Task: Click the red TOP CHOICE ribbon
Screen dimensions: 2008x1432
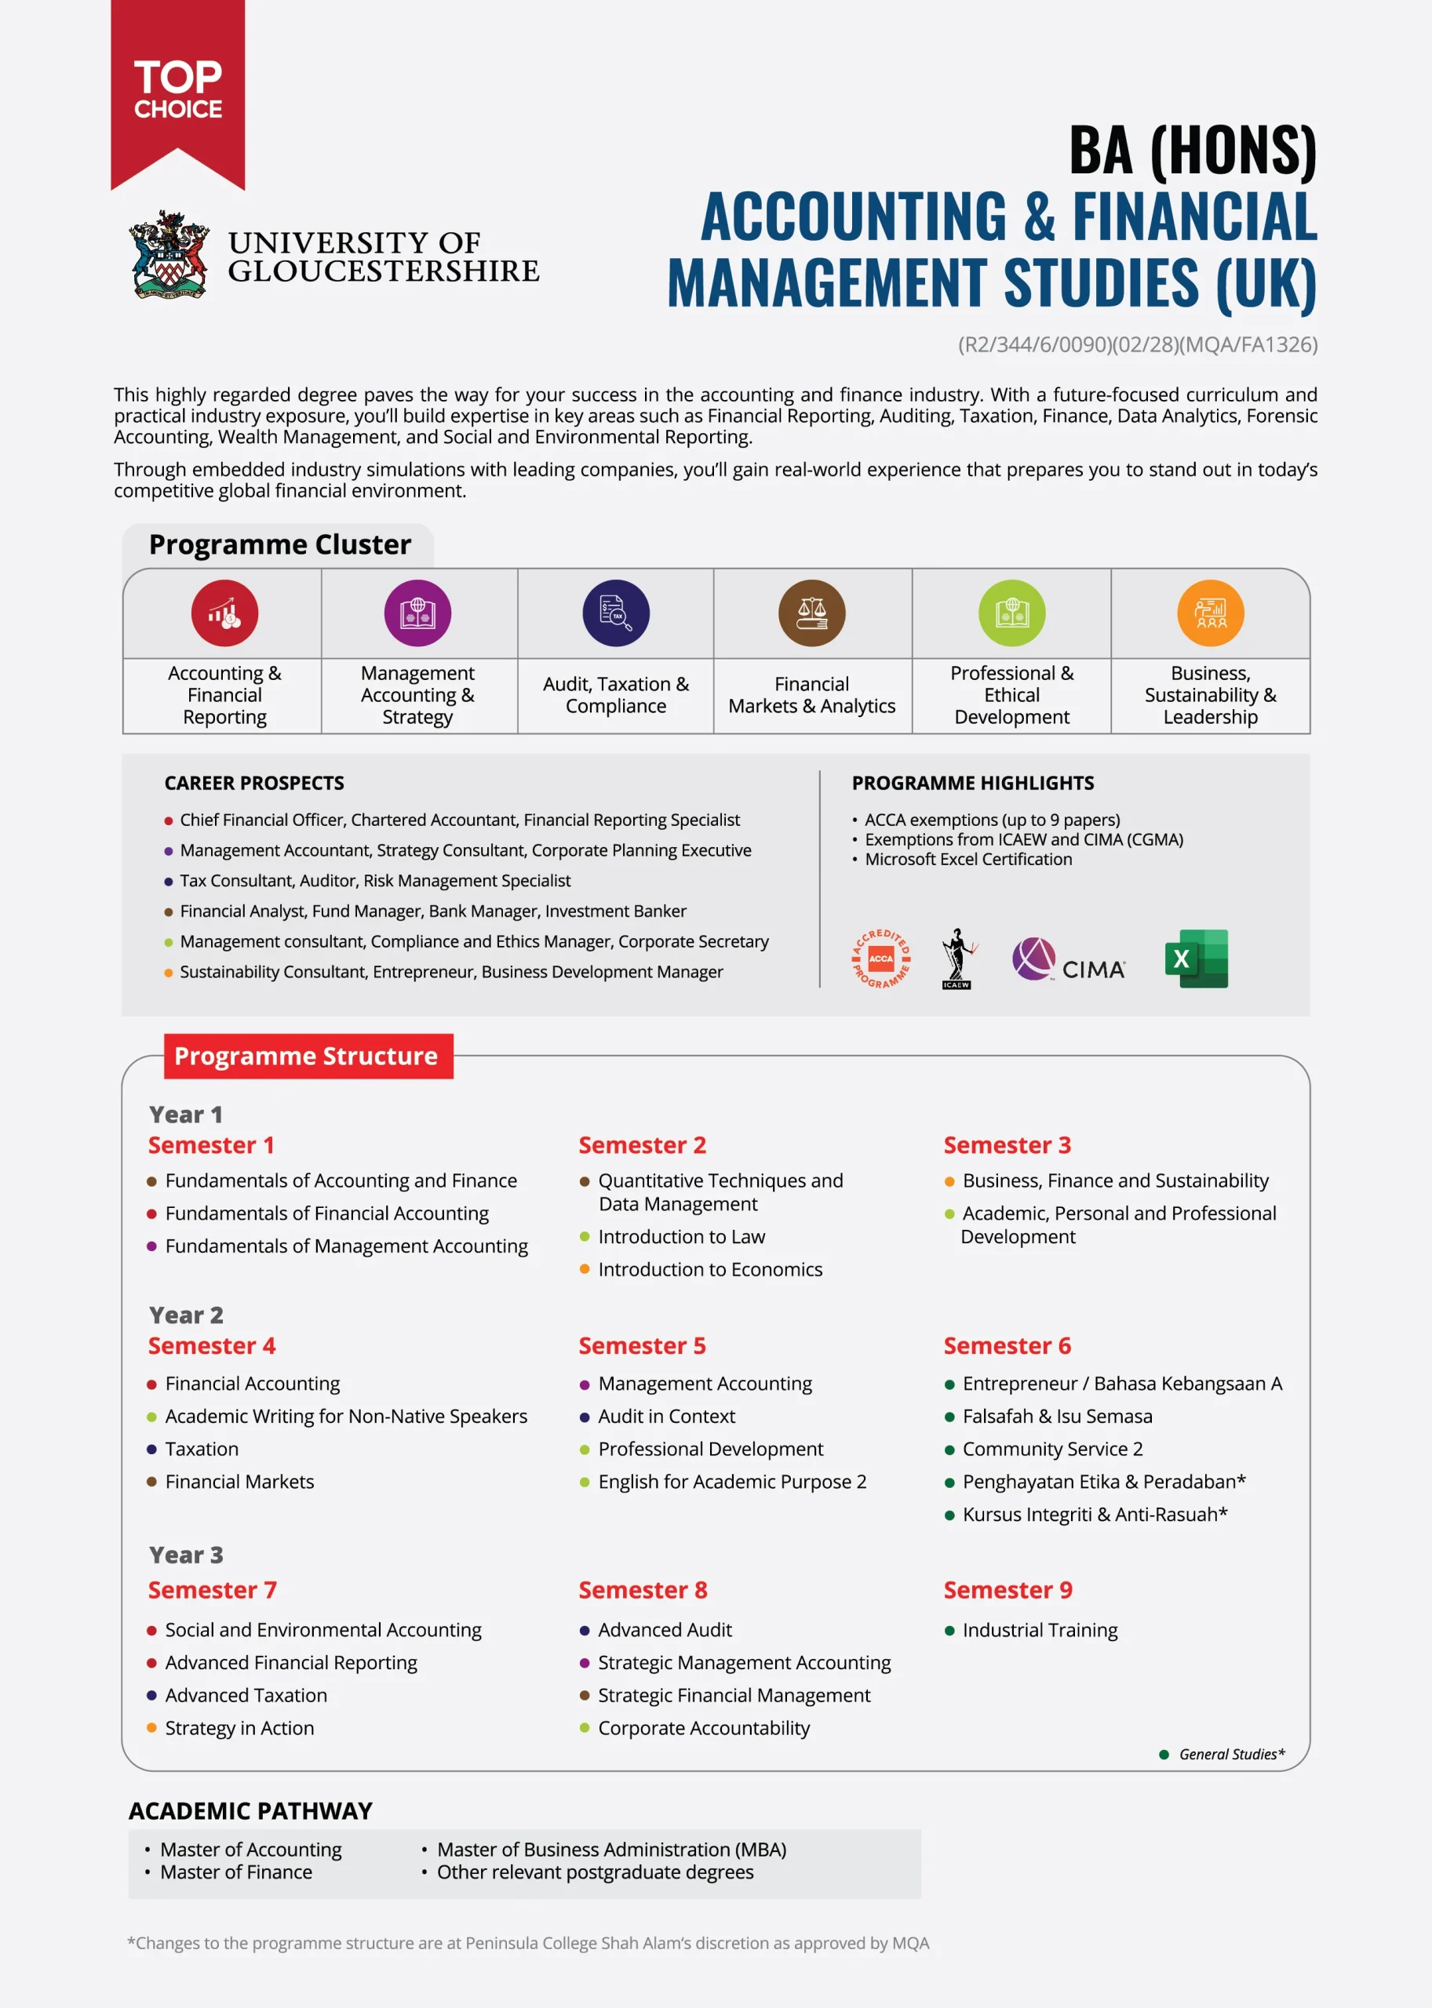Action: click(x=177, y=88)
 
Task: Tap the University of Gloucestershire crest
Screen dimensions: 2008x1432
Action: click(x=169, y=255)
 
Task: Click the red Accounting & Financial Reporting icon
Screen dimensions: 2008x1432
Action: click(x=225, y=613)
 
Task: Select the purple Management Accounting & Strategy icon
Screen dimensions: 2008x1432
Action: click(x=417, y=613)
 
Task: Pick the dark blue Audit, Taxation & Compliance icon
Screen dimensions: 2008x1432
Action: click(x=615, y=613)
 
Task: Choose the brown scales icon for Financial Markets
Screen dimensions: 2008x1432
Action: click(x=811, y=613)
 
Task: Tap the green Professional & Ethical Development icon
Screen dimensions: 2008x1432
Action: click(x=1011, y=613)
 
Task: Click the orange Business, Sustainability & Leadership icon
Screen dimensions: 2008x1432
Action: click(x=1210, y=613)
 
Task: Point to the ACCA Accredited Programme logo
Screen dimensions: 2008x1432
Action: click(x=881, y=959)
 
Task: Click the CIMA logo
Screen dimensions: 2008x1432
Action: click(x=1069, y=961)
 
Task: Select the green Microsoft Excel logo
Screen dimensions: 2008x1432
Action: click(x=1196, y=959)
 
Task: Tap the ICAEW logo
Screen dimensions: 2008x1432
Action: click(x=956, y=959)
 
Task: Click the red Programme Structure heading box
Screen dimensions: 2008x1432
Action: click(x=308, y=1056)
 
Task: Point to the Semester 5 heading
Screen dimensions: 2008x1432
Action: click(x=642, y=1346)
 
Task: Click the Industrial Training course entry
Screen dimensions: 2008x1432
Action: click(x=1039, y=1630)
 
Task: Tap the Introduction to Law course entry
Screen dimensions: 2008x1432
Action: click(x=681, y=1237)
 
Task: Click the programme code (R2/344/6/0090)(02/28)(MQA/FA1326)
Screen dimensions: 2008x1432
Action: click(x=1138, y=344)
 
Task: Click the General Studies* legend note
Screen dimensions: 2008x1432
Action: click(x=1231, y=1754)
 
